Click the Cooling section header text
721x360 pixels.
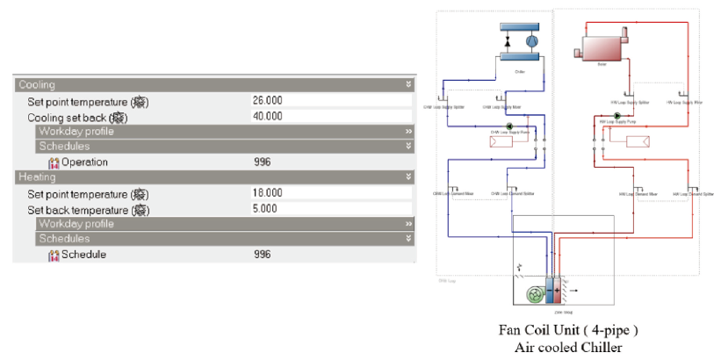(x=36, y=85)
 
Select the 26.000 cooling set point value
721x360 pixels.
(x=267, y=101)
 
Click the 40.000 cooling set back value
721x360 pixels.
(x=267, y=116)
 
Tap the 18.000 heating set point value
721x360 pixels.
(x=267, y=193)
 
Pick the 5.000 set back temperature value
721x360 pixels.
(x=263, y=208)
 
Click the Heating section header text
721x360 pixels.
(x=37, y=177)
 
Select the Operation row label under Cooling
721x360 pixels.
(x=84, y=162)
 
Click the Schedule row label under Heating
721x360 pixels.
(x=83, y=255)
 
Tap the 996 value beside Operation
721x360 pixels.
(x=262, y=162)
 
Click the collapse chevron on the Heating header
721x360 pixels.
(x=408, y=177)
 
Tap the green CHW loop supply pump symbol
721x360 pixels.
(x=509, y=126)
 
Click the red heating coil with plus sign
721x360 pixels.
(x=558, y=288)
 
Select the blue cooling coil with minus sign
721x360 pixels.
(x=548, y=288)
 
